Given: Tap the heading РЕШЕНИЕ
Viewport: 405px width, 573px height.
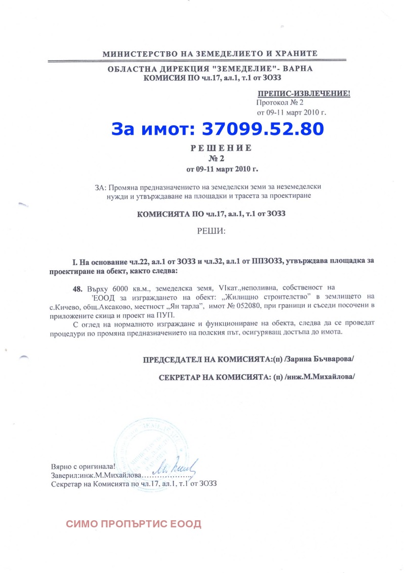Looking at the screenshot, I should tap(221, 148).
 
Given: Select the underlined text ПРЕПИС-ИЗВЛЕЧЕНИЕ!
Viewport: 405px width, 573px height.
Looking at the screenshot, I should tap(304, 94).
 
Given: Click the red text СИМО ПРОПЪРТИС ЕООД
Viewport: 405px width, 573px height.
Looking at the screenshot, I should tap(134, 524).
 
